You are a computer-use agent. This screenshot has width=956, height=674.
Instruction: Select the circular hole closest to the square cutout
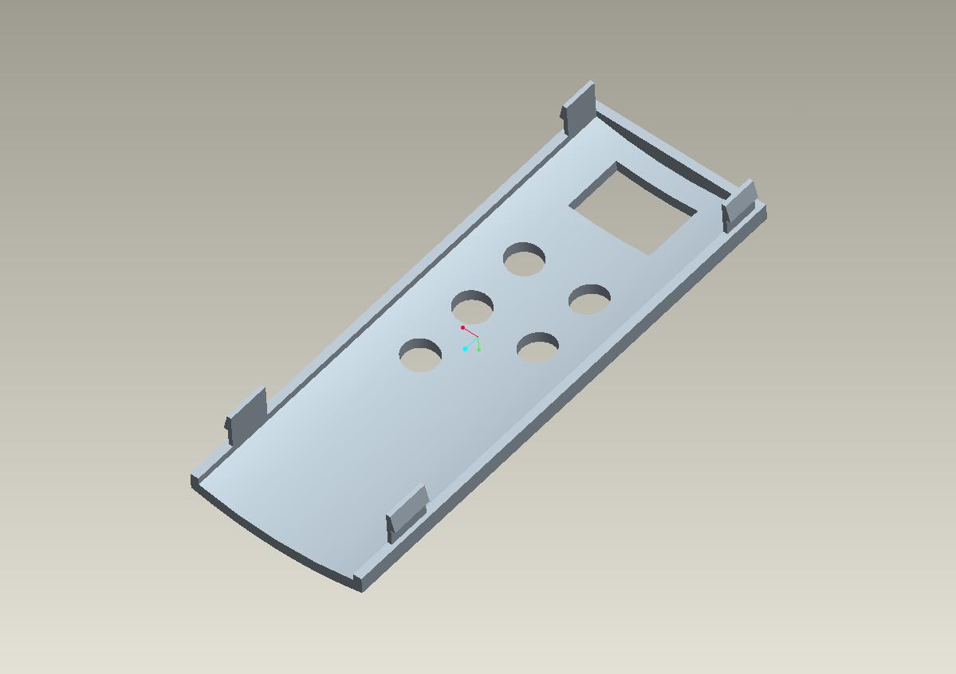(525, 260)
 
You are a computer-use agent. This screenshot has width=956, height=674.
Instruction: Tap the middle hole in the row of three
(472, 308)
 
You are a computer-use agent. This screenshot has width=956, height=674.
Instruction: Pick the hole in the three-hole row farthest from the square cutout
(420, 355)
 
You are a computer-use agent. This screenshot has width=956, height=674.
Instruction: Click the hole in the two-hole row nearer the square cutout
(590, 300)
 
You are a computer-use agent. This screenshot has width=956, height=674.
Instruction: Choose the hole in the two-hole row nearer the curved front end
(537, 348)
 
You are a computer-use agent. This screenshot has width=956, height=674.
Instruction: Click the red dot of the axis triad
(462, 328)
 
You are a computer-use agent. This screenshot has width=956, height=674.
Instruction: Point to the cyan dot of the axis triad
(465, 349)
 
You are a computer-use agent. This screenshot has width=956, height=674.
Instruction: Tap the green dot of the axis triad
(478, 349)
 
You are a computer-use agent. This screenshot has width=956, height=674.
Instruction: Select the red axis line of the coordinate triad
(470, 332)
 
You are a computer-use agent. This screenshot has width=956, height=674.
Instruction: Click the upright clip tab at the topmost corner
(580, 106)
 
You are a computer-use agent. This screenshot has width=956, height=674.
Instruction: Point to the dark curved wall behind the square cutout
(670, 163)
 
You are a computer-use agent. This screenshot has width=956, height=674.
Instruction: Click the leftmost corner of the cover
(192, 480)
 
